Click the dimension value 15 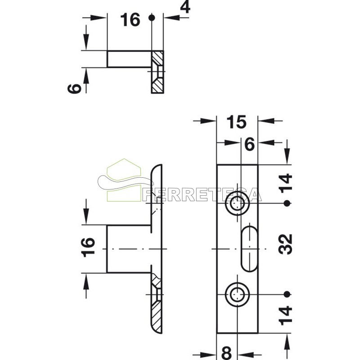click(x=236, y=122)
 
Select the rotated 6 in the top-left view click(x=75, y=87)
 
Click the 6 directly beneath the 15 click(x=250, y=145)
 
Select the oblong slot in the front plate click(x=249, y=249)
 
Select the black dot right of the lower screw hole click(x=286, y=295)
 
